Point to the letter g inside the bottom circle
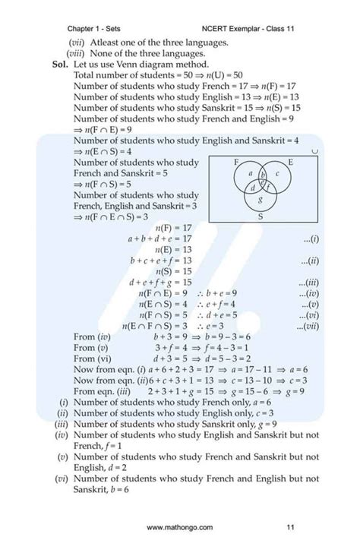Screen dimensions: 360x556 point(261,201)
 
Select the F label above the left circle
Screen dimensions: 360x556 point(235,163)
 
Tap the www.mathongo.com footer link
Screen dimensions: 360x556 point(180,527)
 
